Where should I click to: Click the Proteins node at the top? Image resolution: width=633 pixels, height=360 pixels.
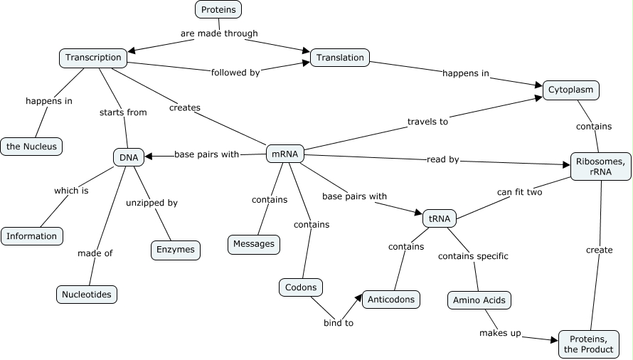click(218, 9)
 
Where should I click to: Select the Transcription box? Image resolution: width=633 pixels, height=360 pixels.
click(94, 58)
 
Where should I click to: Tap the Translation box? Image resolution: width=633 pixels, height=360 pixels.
click(340, 58)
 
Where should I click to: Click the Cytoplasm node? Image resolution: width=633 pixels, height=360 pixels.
click(571, 90)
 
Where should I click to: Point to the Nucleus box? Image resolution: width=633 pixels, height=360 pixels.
click(31, 147)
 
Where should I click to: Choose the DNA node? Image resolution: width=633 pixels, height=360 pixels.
click(129, 157)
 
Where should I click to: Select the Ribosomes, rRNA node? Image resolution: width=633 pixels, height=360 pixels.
click(601, 166)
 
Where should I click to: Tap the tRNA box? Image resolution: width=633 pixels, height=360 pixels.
click(440, 218)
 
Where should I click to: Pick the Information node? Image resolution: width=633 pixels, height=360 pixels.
click(32, 235)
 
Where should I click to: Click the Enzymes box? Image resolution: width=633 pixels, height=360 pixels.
click(176, 250)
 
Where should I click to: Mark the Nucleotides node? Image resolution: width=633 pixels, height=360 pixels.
click(86, 294)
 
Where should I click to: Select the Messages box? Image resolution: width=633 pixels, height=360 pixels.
click(254, 244)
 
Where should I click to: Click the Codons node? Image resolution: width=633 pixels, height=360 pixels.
click(301, 287)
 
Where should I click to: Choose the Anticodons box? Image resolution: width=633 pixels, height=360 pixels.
click(391, 300)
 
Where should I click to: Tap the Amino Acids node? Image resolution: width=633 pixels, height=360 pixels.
click(479, 300)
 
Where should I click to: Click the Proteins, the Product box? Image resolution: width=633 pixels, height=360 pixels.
click(587, 344)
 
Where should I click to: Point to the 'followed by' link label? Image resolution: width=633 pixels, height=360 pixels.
click(235, 72)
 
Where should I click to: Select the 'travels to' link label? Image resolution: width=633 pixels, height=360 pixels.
click(427, 122)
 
